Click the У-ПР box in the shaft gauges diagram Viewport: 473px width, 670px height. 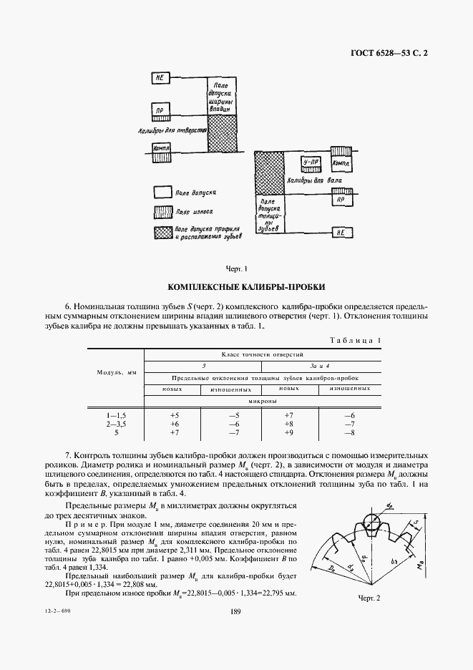point(311,162)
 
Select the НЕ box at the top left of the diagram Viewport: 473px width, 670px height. point(162,77)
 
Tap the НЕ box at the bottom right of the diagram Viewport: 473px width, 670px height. point(339,231)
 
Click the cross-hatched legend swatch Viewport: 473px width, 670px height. point(162,232)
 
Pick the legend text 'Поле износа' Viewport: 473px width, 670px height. point(193,213)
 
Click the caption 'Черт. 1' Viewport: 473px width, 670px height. point(236,269)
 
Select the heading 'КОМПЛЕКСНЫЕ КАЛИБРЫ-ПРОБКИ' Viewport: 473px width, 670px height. point(236,286)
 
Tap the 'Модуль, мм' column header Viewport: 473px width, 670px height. point(117,372)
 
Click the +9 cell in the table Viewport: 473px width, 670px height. point(289,433)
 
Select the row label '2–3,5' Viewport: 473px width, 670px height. point(116,424)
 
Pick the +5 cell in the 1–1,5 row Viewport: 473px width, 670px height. point(174,415)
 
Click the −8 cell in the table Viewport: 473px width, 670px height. point(349,433)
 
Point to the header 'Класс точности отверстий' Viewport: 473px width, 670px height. point(263,354)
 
